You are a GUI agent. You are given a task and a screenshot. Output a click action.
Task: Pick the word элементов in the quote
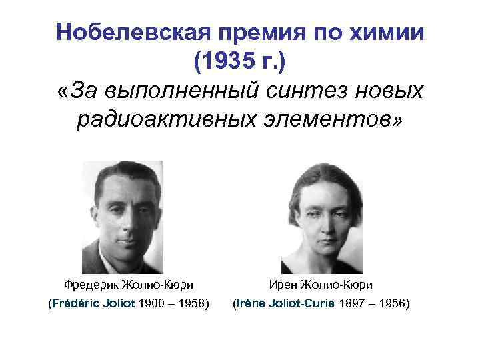(x=328, y=121)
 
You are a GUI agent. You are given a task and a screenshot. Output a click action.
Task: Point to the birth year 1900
(x=153, y=304)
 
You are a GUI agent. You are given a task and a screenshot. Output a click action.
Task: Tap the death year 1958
(x=191, y=304)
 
